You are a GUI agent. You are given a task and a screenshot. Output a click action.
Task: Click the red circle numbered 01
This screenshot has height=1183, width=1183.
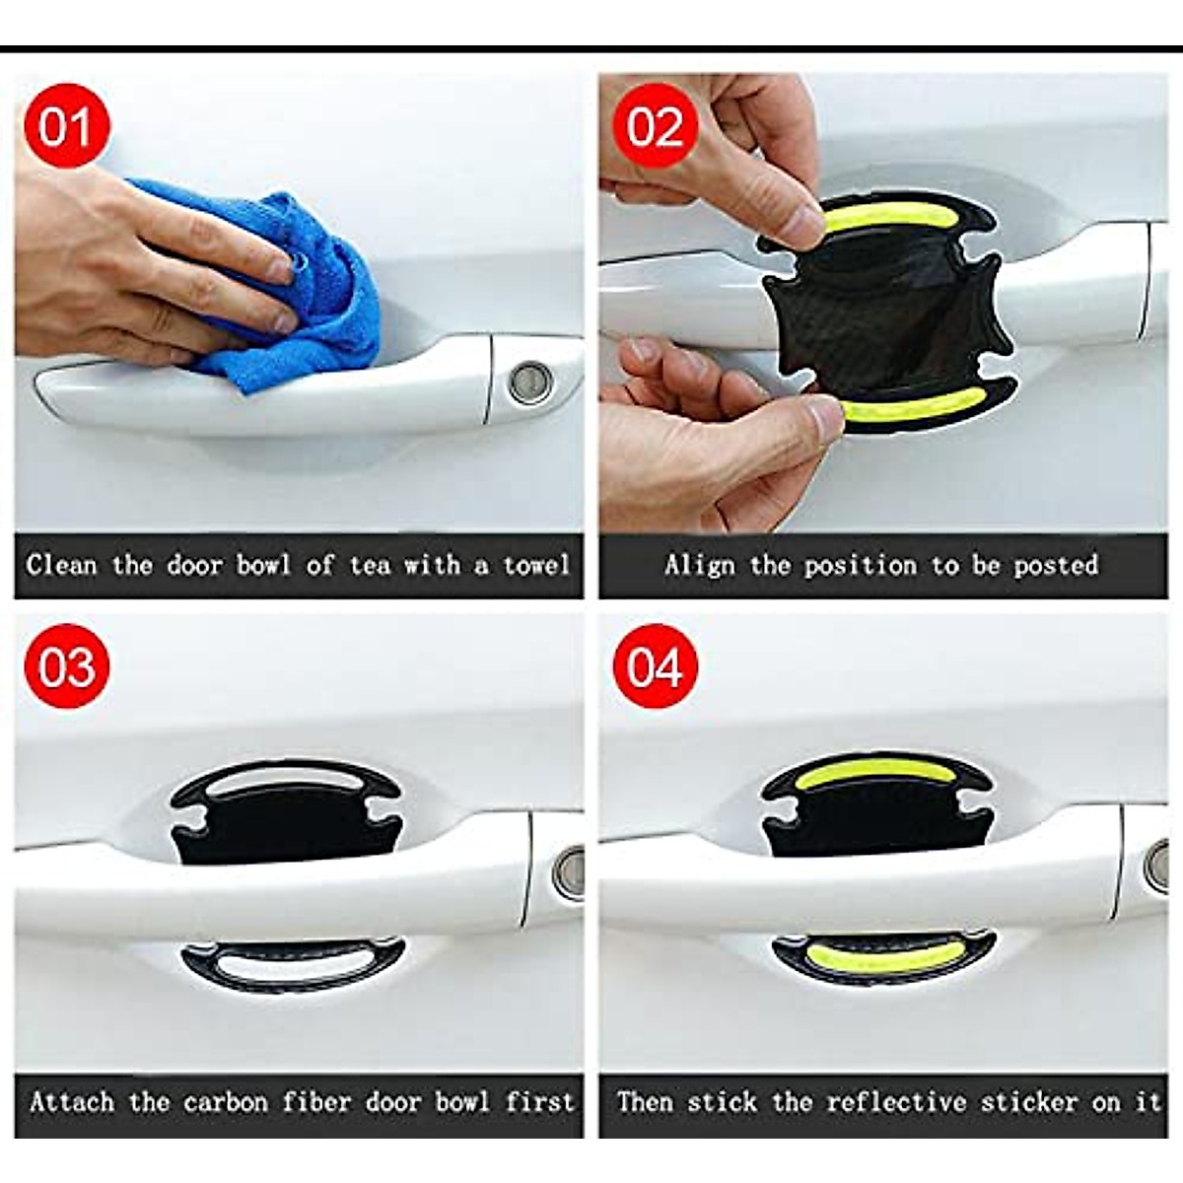[x=65, y=126]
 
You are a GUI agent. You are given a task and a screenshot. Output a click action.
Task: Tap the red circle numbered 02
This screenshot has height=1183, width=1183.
[x=655, y=126]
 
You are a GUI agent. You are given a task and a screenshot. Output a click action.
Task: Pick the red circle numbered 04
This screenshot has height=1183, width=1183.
[x=655, y=667]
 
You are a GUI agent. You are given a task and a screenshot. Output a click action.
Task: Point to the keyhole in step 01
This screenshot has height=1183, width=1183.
[x=531, y=382]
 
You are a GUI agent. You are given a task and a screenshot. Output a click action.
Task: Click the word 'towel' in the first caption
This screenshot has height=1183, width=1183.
[x=536, y=565]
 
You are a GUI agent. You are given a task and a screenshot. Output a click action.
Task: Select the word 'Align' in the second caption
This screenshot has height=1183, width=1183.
[x=699, y=565]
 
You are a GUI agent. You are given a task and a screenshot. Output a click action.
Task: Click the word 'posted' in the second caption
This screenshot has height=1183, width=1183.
[x=1056, y=565]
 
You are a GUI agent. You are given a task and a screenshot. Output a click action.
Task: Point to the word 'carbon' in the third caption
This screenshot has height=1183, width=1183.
[x=226, y=1102]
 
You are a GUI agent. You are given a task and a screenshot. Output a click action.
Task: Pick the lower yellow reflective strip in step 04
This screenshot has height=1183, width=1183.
[x=882, y=954]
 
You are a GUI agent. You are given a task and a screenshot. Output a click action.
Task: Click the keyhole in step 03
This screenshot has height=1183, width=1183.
[x=570, y=871]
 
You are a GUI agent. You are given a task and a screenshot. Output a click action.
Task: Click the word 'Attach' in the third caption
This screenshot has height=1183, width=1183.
[x=72, y=1102]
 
